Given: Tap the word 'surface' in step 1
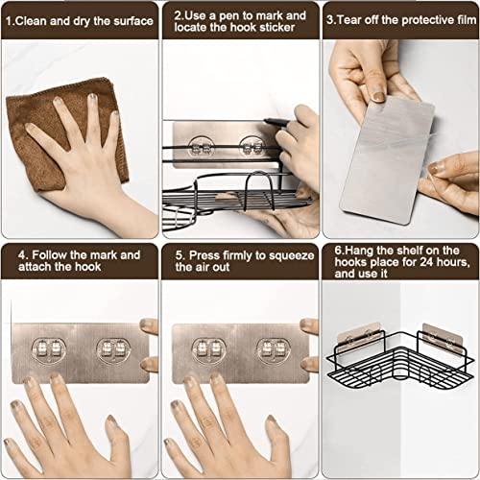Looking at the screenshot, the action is pos(133,21).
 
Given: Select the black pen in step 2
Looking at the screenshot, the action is pos(276,122).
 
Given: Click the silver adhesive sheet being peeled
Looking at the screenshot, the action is pos(386,160).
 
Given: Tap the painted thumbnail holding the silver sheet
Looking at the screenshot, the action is pos(378,96).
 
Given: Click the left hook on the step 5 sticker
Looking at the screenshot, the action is pos(209,350).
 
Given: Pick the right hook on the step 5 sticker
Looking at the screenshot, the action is pos(274,350).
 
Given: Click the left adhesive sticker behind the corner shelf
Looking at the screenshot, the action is pos(359,338).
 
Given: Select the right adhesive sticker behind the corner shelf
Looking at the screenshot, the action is pos(444,339).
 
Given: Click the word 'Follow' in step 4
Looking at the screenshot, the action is pos(50,255).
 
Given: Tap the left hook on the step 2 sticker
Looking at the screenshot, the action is pos(200,147).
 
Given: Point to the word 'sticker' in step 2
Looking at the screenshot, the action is pos(277,28).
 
